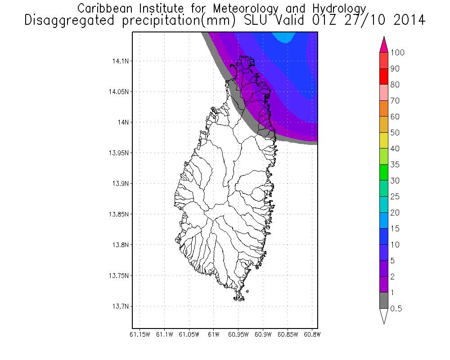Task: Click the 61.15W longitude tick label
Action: pyautogui.click(x=139, y=334)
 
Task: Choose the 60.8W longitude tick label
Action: pyautogui.click(x=311, y=334)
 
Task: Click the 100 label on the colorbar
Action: pyautogui.click(x=397, y=53)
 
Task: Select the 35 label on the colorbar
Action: pyautogui.click(x=395, y=165)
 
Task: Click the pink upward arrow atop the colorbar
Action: pyautogui.click(x=384, y=44)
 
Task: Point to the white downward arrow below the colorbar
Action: pyautogui.click(x=384, y=316)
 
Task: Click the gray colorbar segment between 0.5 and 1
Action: pyautogui.click(x=384, y=300)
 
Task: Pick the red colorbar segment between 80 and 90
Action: pyautogui.click(x=384, y=76)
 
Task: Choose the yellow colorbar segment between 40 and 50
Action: pyautogui.click(x=384, y=140)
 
